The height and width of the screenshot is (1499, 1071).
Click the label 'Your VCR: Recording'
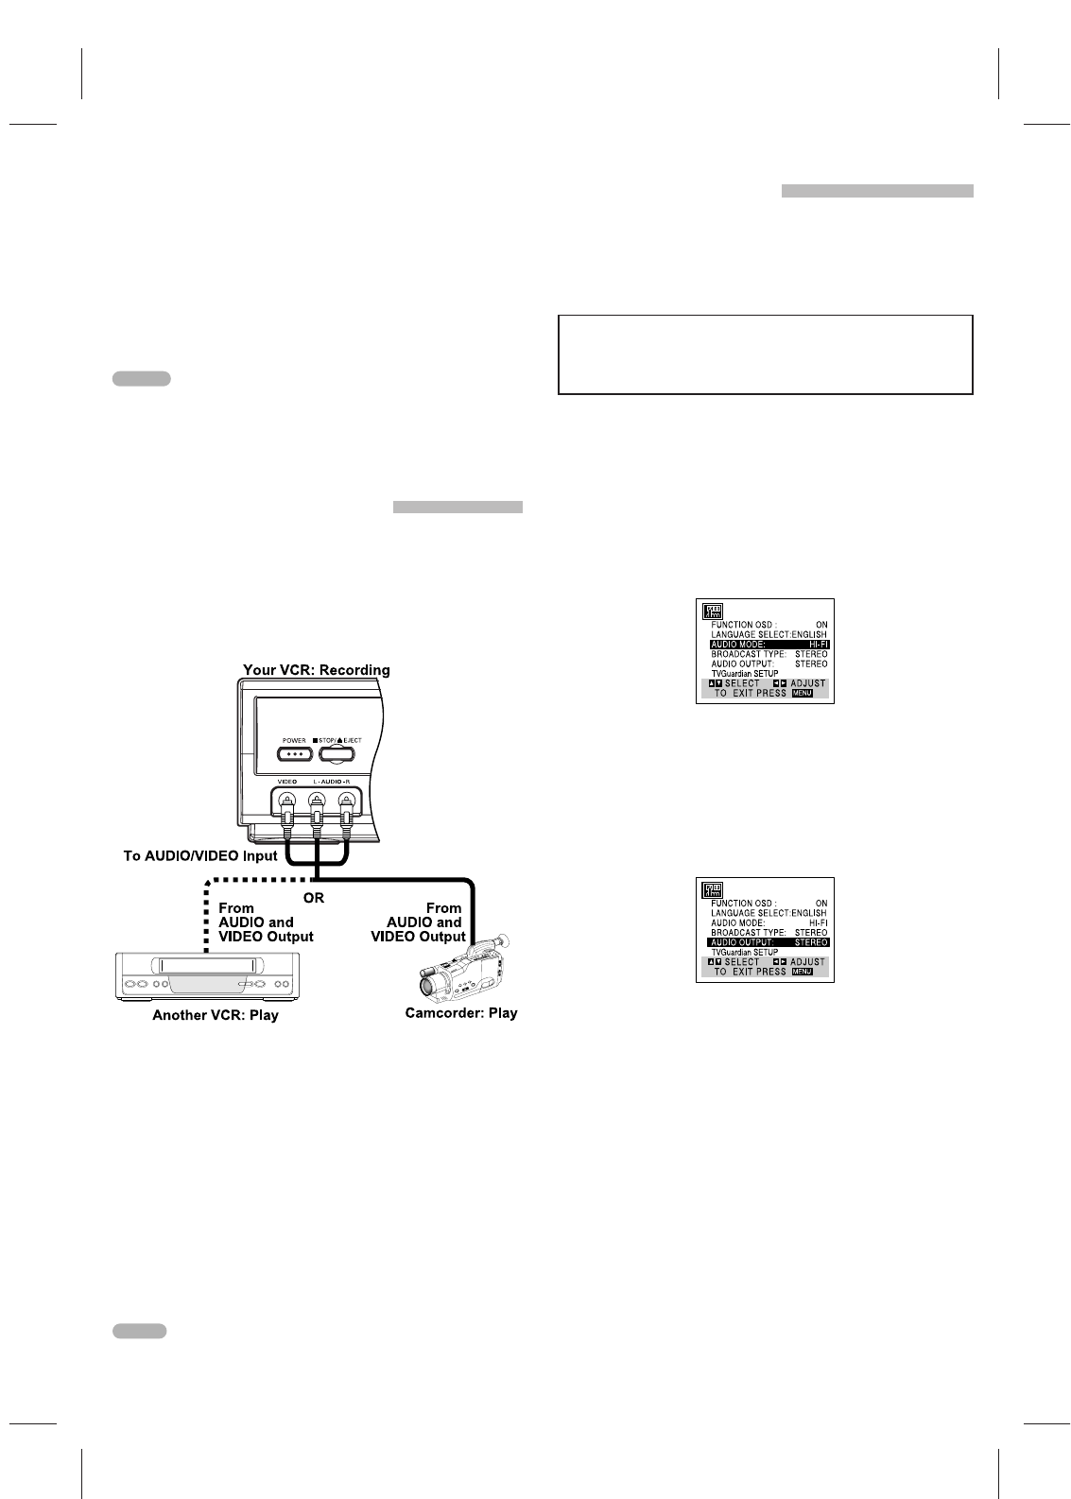pyautogui.click(x=316, y=670)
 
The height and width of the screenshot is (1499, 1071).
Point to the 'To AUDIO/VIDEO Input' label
pyautogui.click(x=200, y=856)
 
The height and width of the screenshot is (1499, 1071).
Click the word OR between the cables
pyautogui.click(x=313, y=897)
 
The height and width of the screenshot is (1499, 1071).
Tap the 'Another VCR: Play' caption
pyautogui.click(x=216, y=1016)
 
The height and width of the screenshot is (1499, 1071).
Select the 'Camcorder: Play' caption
pyautogui.click(x=460, y=1013)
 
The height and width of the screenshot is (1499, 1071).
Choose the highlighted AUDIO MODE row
pyautogui.click(x=769, y=645)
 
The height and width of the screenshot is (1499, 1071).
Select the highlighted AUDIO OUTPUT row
pyautogui.click(x=769, y=942)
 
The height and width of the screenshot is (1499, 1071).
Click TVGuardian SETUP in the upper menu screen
pyautogui.click(x=745, y=674)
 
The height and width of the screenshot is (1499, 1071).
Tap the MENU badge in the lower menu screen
pyautogui.click(x=802, y=972)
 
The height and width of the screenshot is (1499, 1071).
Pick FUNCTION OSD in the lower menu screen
pyautogui.click(x=743, y=904)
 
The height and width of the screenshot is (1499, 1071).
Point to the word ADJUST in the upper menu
pyautogui.click(x=807, y=683)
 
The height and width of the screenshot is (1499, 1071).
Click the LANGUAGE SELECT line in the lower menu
pyautogui.click(x=769, y=914)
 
